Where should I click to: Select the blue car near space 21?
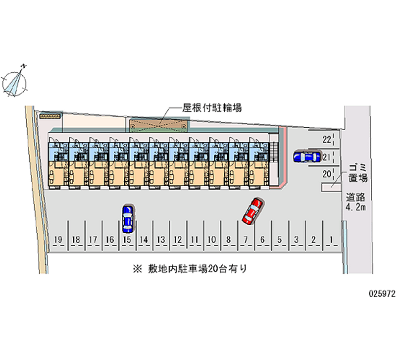coord(306,157)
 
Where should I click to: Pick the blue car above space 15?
coord(127,218)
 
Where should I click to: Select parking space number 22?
coord(326,140)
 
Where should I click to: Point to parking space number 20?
coord(326,174)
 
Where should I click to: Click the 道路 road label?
coord(356,197)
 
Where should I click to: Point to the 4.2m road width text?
coord(356,207)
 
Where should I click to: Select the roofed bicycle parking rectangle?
coord(158,125)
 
